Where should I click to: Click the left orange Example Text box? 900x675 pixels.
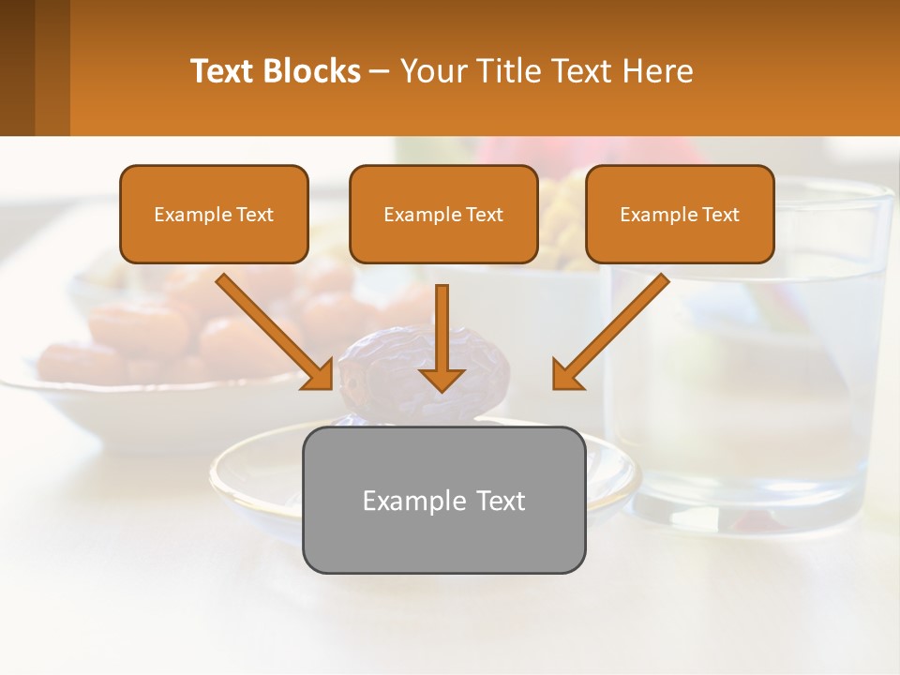pos(214,215)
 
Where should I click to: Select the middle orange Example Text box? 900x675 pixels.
pos(443,215)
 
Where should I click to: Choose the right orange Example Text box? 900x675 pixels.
pos(680,215)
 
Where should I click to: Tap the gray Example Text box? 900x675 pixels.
pos(443,501)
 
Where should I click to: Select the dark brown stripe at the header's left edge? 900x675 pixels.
pos(18,67)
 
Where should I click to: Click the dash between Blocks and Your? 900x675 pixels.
pos(380,71)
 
